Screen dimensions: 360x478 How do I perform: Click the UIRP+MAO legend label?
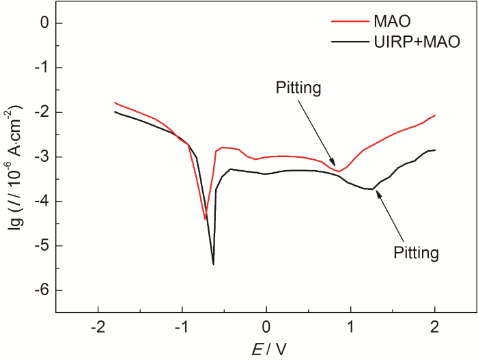(417, 42)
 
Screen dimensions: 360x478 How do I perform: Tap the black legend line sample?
(349, 42)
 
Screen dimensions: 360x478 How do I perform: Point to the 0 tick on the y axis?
(44, 23)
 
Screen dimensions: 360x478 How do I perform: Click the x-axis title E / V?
(267, 349)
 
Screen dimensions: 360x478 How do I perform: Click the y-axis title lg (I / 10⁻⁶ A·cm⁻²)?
(16, 168)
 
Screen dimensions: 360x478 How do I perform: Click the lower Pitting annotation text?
(415, 253)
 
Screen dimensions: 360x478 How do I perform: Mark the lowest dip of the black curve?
(213, 264)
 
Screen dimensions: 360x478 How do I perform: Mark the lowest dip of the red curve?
(205, 219)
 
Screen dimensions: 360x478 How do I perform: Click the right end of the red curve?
(434, 115)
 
